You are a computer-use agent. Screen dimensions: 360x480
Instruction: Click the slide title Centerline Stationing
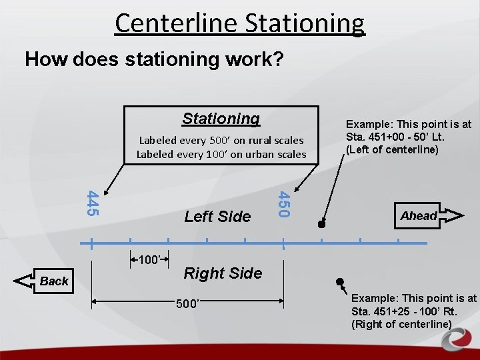tap(239, 23)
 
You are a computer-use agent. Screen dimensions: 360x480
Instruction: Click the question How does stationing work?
tap(154, 60)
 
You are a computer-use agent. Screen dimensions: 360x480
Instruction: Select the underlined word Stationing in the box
tap(221, 119)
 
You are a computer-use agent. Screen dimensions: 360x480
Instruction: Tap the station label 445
tap(93, 203)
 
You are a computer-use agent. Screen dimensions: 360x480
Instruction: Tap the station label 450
tap(283, 203)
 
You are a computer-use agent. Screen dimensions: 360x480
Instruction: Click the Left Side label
tap(217, 216)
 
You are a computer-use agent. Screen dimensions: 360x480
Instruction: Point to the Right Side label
tap(223, 273)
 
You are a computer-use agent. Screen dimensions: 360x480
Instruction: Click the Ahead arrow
tap(430, 215)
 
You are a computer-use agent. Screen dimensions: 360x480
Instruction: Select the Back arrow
tap(44, 281)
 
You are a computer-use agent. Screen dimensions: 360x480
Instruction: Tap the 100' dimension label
tap(149, 259)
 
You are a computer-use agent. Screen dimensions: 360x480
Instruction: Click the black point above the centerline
tap(321, 225)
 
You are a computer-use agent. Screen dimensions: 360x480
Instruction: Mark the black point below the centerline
tap(339, 281)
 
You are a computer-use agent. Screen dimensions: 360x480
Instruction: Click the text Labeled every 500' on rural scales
tap(221, 141)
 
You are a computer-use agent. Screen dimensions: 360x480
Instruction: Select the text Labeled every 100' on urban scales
tap(221, 155)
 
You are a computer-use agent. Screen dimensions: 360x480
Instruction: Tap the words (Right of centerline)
tap(401, 325)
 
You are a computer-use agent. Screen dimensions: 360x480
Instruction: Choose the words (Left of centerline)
tap(392, 149)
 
